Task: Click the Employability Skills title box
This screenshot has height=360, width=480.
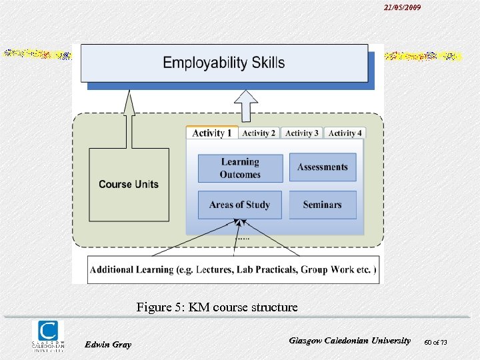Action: tap(224, 63)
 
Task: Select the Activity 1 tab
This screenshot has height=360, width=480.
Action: tap(212, 133)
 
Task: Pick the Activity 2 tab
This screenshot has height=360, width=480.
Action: tap(259, 133)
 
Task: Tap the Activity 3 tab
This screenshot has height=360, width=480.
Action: tap(301, 133)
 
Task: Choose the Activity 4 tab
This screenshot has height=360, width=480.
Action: tap(345, 133)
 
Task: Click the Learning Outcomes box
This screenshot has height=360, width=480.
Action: tap(240, 168)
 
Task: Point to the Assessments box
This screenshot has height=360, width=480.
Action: tap(323, 167)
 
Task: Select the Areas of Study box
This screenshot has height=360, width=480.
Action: tap(240, 205)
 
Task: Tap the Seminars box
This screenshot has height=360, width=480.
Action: tap(323, 205)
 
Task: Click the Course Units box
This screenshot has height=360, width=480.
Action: tap(129, 185)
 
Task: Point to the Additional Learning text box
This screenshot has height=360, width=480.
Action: tap(233, 269)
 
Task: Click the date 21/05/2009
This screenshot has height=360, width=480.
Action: tap(402, 7)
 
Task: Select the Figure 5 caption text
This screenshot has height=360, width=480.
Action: tap(217, 307)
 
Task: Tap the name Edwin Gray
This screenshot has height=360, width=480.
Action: tap(108, 344)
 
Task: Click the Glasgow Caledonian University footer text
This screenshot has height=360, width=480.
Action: tap(350, 340)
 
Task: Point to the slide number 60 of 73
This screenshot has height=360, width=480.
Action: tap(435, 343)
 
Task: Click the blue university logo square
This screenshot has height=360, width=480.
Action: tap(48, 331)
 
